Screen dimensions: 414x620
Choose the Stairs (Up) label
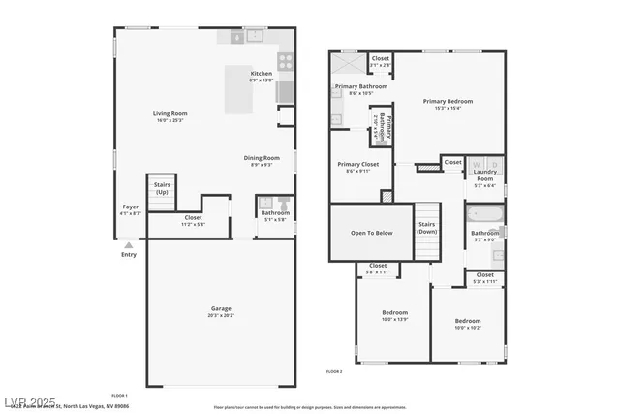coord(162,189)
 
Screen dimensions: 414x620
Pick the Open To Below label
coord(371,233)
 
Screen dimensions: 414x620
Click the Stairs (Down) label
coord(427,228)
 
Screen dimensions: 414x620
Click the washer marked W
coord(477,163)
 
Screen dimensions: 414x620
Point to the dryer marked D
coord(492,163)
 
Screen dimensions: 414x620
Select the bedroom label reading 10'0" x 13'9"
coord(394,315)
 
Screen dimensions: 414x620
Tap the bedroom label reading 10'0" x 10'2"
coord(468,323)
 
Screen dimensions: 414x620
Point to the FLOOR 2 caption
coord(334,372)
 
